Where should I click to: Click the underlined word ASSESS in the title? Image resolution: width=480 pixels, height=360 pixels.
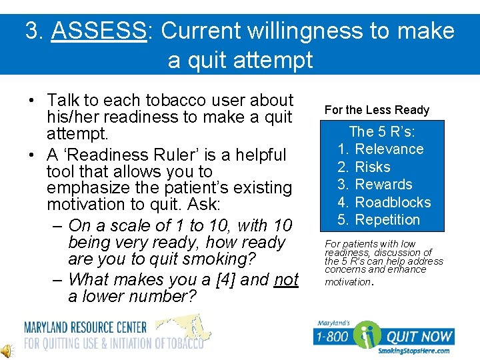pos(98,31)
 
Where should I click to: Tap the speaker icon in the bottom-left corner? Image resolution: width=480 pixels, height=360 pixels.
pos(7,350)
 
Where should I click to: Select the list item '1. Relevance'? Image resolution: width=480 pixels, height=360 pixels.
pos(381,149)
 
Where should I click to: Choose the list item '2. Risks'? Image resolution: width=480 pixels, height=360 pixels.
pos(364,167)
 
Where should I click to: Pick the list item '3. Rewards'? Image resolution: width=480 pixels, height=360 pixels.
pos(375,185)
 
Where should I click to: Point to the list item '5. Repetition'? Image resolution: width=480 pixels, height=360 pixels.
pos(379,220)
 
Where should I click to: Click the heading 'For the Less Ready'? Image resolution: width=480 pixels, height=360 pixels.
pos(377,110)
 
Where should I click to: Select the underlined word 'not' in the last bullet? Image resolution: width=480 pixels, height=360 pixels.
pos(286,279)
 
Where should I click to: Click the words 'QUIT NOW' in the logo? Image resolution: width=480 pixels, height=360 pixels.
pos(421,337)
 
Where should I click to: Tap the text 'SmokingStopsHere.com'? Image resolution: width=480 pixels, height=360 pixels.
pos(413,351)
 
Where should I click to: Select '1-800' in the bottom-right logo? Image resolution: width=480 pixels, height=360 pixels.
pos(332,337)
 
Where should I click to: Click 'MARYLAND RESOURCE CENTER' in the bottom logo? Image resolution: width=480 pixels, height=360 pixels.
pos(85,327)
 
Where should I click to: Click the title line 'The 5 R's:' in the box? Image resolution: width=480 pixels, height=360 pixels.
pos(381,132)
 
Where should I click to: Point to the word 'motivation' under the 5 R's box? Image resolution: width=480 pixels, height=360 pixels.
pos(347,282)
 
